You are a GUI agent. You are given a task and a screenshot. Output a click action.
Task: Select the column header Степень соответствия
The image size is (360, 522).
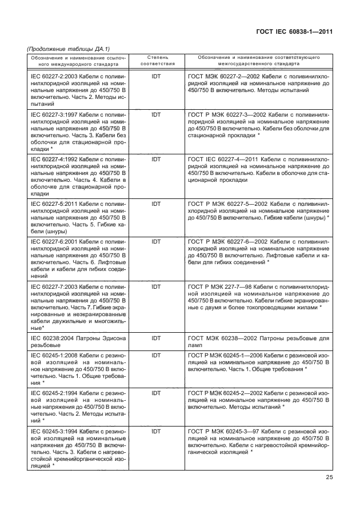click(157, 61)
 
